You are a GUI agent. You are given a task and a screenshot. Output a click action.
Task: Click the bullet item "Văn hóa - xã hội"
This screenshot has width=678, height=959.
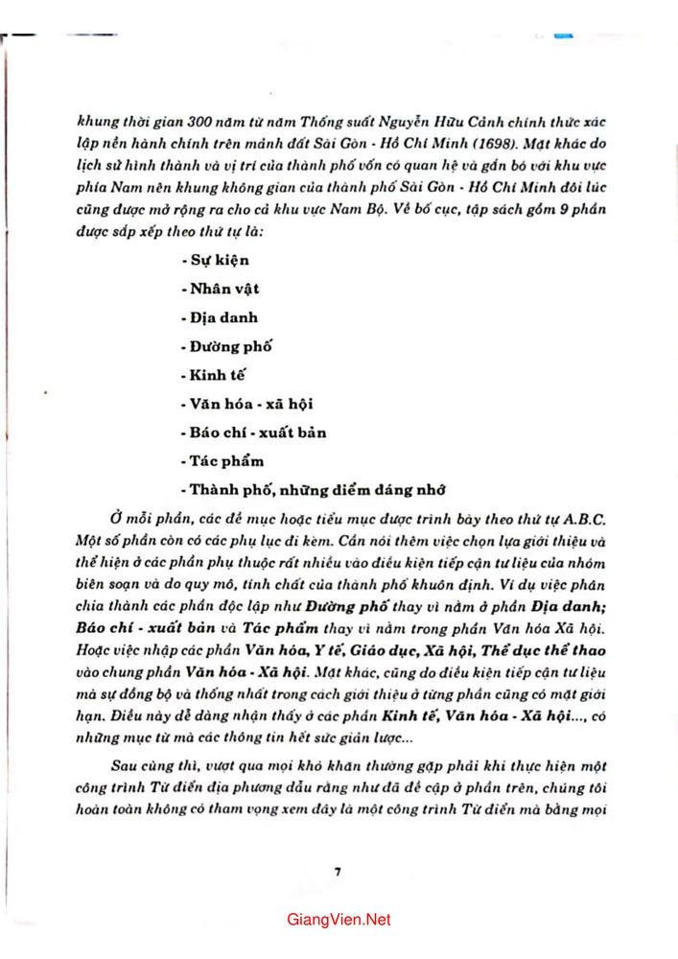coord(249,403)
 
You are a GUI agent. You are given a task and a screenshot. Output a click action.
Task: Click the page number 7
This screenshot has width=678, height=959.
coord(339,871)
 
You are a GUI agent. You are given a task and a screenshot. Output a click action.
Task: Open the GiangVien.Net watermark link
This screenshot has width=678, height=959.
coord(339,920)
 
